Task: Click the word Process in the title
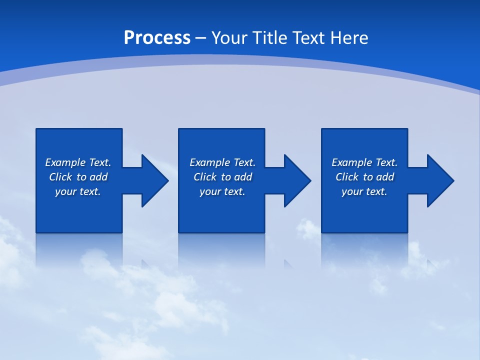point(157,38)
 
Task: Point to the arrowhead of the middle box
point(296,180)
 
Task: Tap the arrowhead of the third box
point(439,180)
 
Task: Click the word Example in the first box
point(65,162)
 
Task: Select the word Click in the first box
point(60,177)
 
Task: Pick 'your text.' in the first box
point(78,191)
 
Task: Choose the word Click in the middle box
point(205,177)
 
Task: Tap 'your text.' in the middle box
point(222,191)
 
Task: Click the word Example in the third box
point(352,162)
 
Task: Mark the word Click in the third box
point(347,177)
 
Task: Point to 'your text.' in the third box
point(364,191)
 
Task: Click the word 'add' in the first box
point(98,177)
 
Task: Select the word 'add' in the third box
point(385,177)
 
